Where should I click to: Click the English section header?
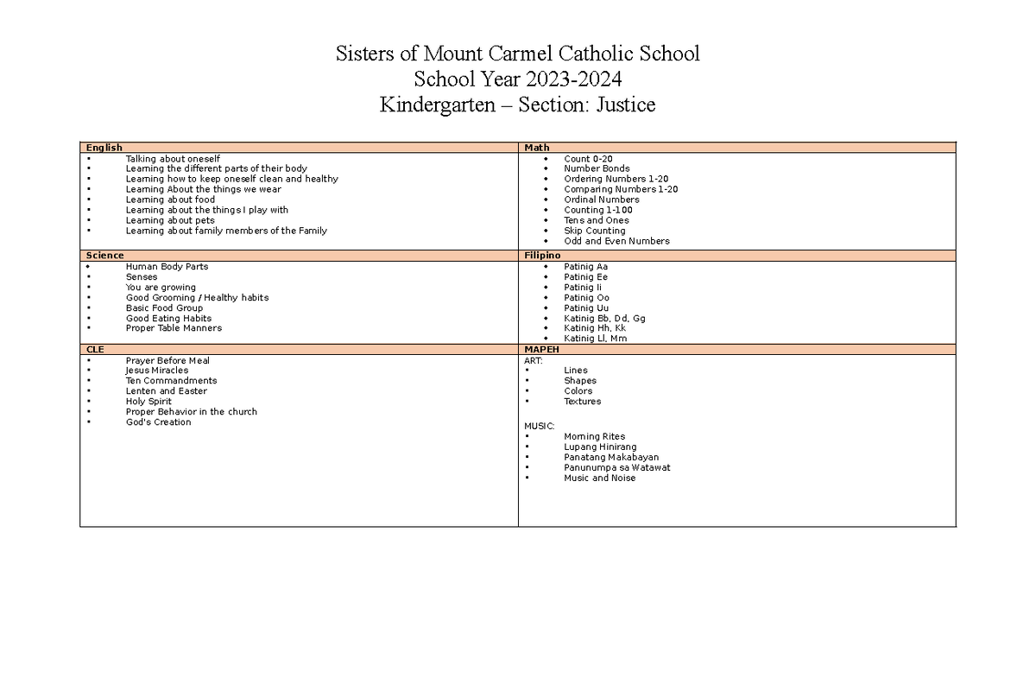[104, 148]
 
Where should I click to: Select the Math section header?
[537, 148]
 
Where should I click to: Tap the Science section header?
[105, 256]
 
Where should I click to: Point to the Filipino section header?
[543, 256]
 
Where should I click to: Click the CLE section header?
[95, 349]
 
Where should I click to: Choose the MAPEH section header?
[542, 349]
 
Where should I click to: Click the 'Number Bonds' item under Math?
[597, 168]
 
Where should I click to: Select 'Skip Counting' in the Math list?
[594, 231]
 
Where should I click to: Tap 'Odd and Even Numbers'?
[616, 241]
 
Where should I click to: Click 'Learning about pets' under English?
[170, 220]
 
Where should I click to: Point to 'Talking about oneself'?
[173, 159]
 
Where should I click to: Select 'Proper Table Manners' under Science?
[174, 328]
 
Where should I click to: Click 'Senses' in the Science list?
[142, 277]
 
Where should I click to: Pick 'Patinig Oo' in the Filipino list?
[586, 298]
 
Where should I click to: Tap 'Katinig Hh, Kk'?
[595, 328]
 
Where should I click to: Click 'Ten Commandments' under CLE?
[171, 381]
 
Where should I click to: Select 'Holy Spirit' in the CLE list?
[148, 402]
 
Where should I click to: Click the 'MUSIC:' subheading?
[539, 426]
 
